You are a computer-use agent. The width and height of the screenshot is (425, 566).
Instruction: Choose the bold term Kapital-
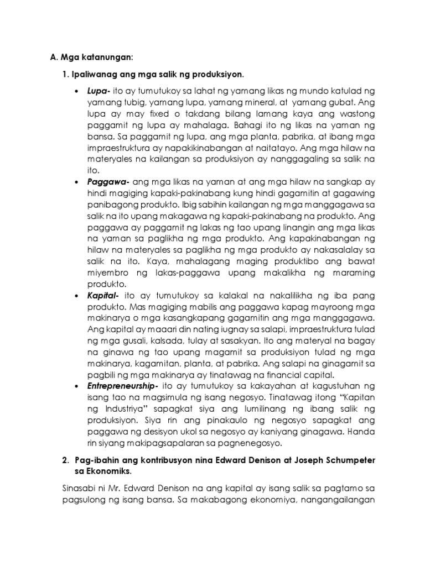(101, 296)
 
